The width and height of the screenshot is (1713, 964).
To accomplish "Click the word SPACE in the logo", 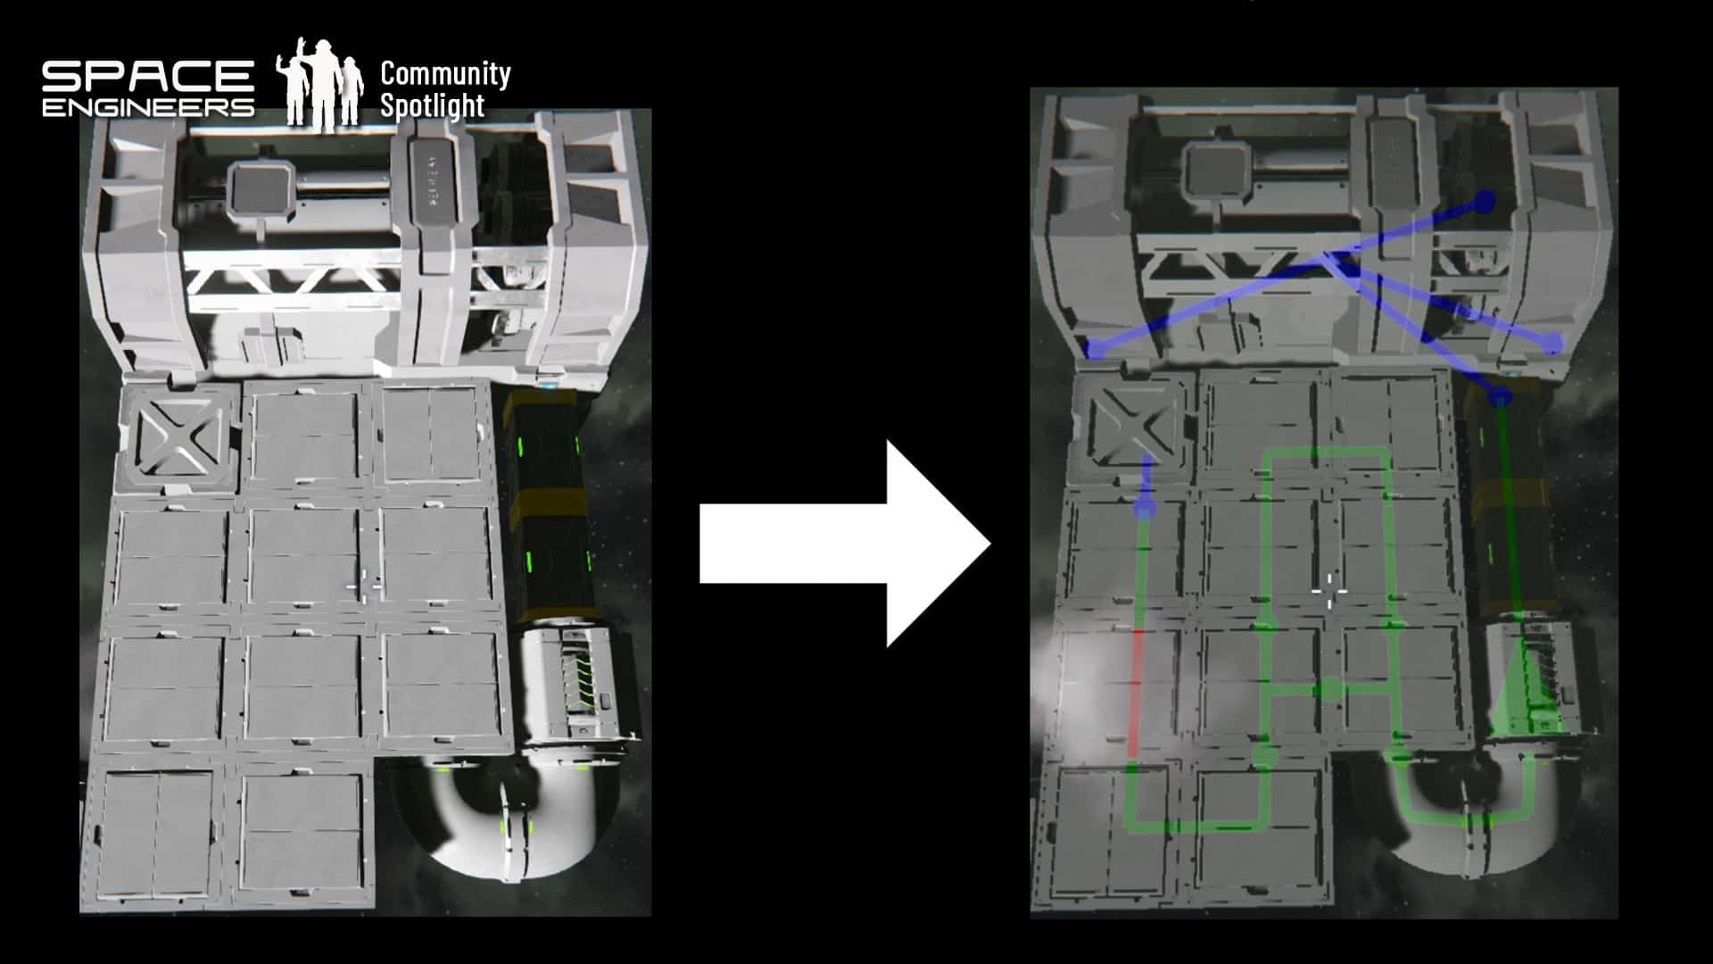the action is click(148, 76).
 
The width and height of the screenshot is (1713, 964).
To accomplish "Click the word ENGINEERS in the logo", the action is click(148, 107).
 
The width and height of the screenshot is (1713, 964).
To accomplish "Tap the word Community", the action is click(445, 74).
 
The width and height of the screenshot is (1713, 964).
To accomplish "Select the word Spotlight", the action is click(433, 105).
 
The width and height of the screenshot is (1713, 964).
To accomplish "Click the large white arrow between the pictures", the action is click(845, 544).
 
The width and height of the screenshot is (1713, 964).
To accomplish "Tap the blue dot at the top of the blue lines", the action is click(1484, 202).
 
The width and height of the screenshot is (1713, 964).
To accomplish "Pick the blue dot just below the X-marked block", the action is click(1144, 508).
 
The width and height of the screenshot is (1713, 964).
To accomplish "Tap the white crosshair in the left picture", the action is click(364, 586).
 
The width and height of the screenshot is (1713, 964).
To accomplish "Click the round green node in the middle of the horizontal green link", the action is click(1329, 689).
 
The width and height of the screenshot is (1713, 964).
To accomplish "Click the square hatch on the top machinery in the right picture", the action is click(1219, 170).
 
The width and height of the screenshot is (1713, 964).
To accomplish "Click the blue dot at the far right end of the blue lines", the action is click(1553, 343).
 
